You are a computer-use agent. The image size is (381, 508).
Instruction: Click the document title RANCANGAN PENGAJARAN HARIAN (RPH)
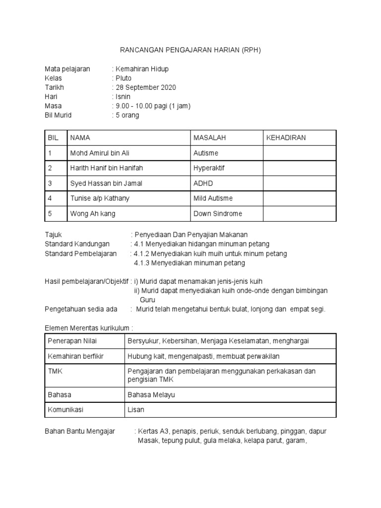click(x=190, y=50)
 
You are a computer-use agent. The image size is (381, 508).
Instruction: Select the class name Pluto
click(x=122, y=78)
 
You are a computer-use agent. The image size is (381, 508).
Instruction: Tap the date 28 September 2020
click(x=145, y=87)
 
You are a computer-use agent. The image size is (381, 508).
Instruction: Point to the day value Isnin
click(x=122, y=97)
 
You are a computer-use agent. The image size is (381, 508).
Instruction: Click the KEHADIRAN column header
click(x=286, y=137)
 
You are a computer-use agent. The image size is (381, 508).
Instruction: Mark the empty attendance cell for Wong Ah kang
click(x=299, y=214)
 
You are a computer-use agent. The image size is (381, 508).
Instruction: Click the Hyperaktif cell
click(x=209, y=168)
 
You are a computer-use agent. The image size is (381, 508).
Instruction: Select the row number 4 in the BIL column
click(x=50, y=198)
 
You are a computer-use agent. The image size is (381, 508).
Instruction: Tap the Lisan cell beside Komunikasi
click(x=135, y=410)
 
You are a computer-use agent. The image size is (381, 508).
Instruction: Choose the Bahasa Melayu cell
click(x=151, y=395)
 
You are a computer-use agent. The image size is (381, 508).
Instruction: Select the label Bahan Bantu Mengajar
click(x=80, y=432)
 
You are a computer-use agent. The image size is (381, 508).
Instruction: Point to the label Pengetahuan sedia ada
click(x=81, y=309)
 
